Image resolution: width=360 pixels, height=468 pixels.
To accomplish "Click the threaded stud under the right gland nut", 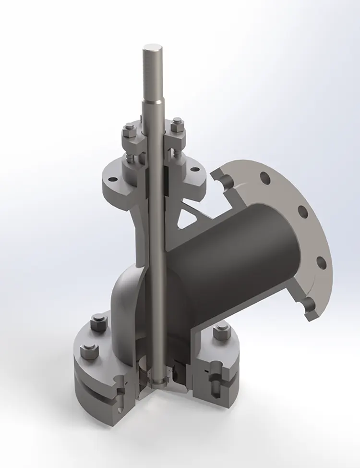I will pyautogui.click(x=177, y=152).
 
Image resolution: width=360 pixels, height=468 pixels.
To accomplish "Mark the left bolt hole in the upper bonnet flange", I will pyautogui.click(x=112, y=179).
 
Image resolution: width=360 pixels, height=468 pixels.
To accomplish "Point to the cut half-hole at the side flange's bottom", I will pyautogui.click(x=308, y=304).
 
